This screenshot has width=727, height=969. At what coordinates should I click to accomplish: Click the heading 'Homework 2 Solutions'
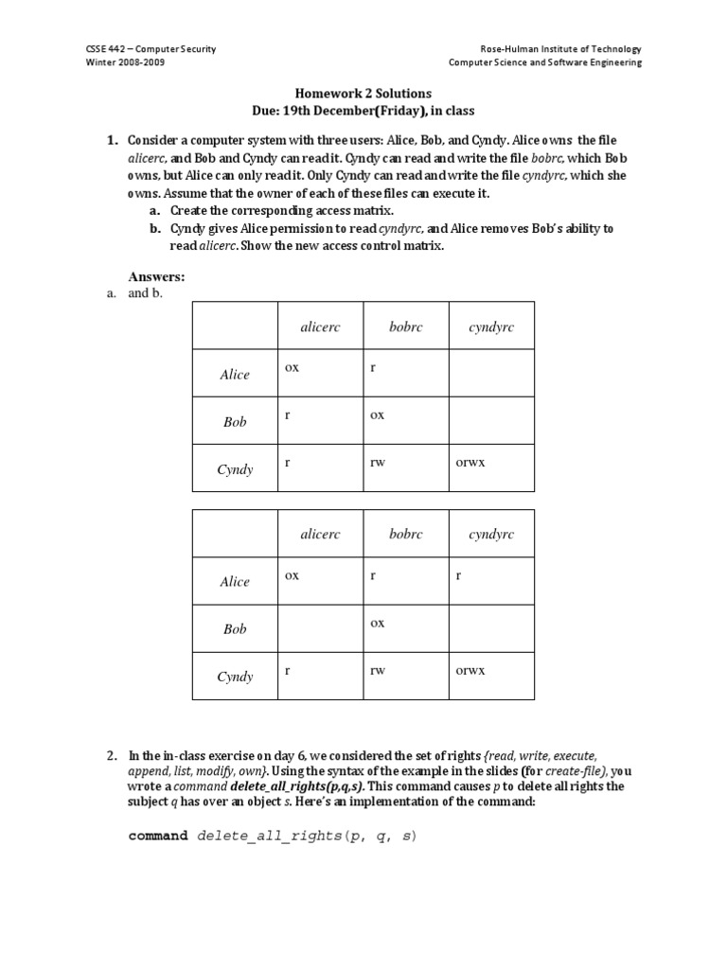(x=363, y=94)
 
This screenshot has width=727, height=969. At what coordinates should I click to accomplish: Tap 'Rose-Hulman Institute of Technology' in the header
(x=560, y=49)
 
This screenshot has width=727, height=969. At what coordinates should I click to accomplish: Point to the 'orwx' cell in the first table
(x=470, y=463)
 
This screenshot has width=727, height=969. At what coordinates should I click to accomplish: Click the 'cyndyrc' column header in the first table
(x=491, y=326)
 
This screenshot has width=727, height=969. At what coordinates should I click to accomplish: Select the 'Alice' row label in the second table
(x=235, y=582)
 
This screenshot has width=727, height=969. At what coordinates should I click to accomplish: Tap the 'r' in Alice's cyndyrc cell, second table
(x=459, y=575)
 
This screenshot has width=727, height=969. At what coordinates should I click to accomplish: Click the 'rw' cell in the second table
(x=378, y=671)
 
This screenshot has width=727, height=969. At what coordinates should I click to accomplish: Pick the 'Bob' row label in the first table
(x=235, y=422)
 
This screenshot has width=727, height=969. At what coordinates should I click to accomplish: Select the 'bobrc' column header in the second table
(x=405, y=535)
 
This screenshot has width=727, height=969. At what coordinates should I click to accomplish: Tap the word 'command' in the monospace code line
(x=158, y=837)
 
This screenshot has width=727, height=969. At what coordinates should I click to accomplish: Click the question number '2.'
(x=113, y=755)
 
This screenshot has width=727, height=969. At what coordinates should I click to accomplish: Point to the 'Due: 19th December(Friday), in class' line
(x=363, y=111)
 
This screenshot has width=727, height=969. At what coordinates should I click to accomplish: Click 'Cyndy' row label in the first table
(x=235, y=469)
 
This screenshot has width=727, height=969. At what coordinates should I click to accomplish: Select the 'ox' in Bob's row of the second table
(x=377, y=623)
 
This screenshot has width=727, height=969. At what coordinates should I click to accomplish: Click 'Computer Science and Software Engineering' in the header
(x=545, y=62)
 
